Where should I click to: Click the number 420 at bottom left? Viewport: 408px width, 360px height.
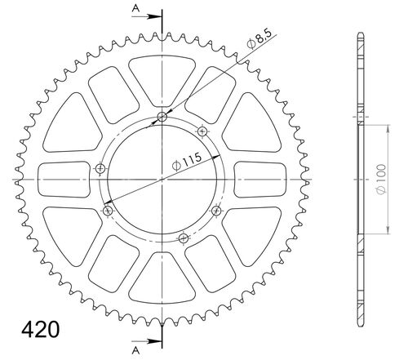point(40,329)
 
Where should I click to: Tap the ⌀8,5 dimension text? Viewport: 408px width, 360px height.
point(259,39)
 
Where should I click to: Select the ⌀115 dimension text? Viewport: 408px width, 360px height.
point(187,162)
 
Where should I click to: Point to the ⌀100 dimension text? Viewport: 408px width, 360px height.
point(381,180)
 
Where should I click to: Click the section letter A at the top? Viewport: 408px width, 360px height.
point(135,8)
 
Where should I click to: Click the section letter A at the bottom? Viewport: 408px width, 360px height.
point(135,351)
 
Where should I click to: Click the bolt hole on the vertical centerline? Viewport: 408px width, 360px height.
point(162,118)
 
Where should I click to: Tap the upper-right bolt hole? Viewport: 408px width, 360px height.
point(202,131)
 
